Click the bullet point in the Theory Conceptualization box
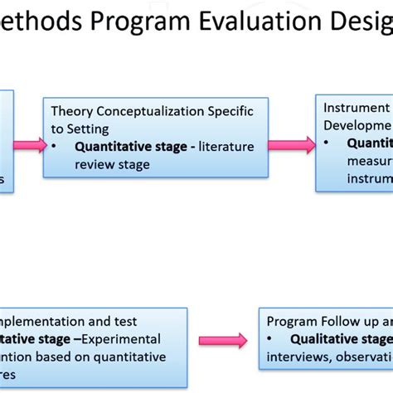click(56, 148)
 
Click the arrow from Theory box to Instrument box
click(296, 146)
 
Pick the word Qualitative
click(325, 339)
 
